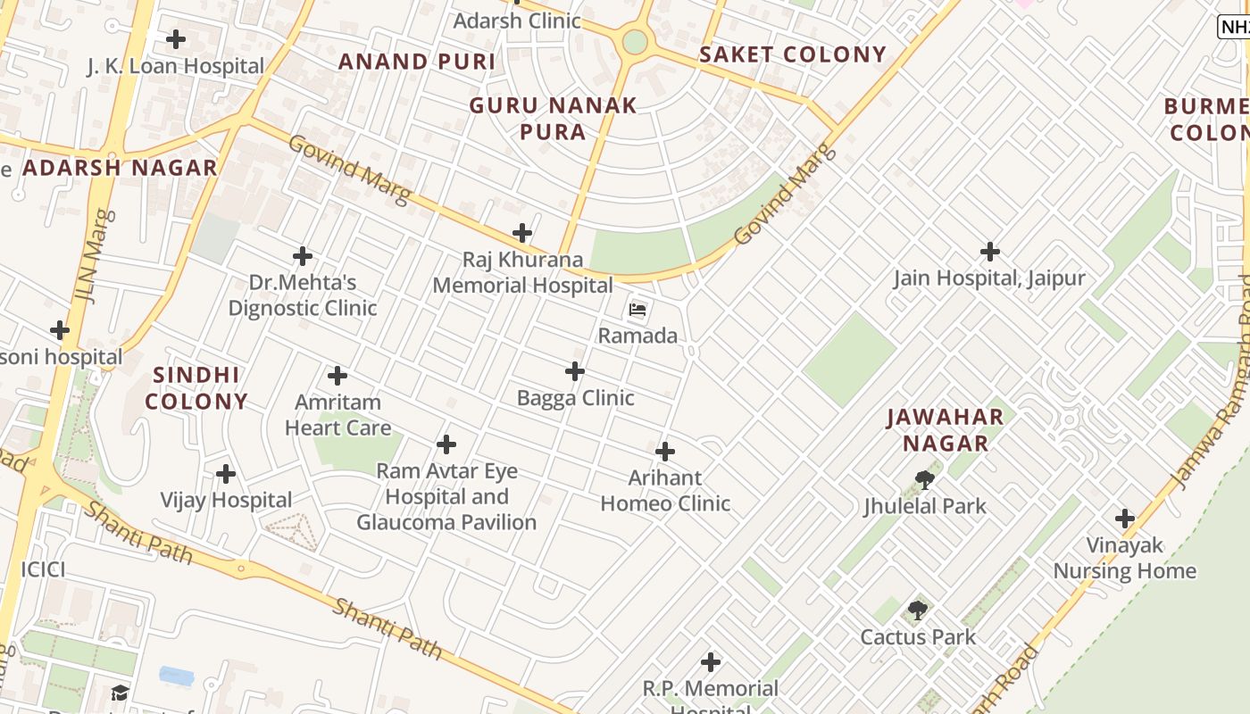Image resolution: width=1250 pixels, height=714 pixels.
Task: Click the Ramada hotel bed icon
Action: point(637,310)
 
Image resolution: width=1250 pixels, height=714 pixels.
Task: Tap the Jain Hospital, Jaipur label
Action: point(989,278)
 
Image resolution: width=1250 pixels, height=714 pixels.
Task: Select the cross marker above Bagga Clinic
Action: point(575,371)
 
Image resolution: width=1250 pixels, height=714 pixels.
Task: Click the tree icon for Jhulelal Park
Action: point(925,480)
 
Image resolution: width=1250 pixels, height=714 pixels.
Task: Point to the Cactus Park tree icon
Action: point(917,611)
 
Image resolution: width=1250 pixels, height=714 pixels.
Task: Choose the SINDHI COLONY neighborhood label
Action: point(196,388)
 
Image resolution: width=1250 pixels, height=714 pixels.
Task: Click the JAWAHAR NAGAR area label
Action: point(946,430)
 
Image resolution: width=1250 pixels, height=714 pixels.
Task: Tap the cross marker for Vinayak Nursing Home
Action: point(1124,519)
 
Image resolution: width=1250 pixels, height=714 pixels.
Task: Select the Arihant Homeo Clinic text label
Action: point(665,491)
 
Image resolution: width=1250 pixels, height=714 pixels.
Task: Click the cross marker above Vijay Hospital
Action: point(226,473)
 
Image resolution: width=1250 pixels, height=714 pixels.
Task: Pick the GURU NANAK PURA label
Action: point(554,119)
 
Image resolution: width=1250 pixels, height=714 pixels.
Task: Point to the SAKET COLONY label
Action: point(793,54)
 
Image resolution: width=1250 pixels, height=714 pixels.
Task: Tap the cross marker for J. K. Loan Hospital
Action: point(176,39)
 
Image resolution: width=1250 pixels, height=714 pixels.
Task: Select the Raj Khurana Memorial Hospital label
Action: point(522,272)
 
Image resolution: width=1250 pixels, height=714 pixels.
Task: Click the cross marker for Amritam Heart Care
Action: point(337,376)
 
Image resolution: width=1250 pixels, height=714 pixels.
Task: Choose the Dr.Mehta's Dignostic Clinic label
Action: point(303,295)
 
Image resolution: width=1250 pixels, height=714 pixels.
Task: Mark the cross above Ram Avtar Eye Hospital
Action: point(446,444)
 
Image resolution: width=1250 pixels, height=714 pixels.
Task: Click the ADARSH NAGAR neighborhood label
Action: point(120,168)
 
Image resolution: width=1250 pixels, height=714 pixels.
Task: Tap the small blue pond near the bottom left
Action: point(176,676)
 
